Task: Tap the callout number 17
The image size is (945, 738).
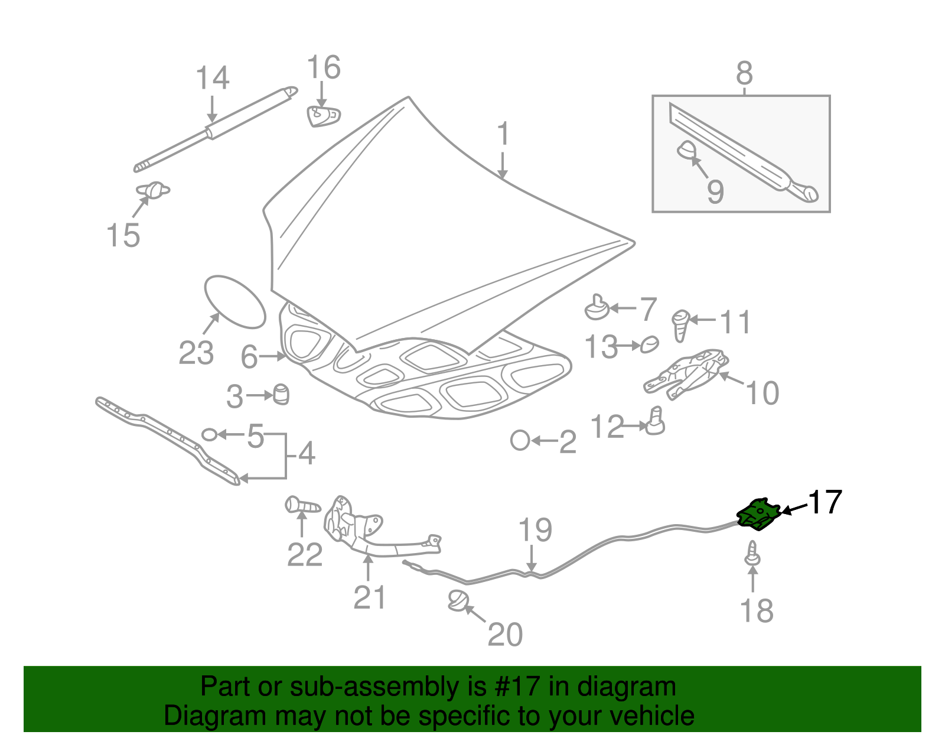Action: point(825,503)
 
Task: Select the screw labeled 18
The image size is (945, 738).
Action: point(752,554)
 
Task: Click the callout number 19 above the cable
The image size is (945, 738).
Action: point(535,530)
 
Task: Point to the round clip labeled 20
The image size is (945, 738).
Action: point(458,601)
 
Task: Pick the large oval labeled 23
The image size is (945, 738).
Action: point(235,301)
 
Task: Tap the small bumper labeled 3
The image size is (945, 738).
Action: point(282,394)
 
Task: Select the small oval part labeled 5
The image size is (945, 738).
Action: point(209,435)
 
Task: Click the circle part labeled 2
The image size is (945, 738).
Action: point(520,441)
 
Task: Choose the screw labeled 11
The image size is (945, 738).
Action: point(681,324)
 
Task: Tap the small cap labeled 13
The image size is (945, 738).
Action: point(650,344)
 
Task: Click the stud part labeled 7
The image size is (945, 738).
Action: point(597,308)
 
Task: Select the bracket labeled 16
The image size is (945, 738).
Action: point(323,116)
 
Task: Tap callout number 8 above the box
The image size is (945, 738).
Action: point(744,74)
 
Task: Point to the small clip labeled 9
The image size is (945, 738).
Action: point(686,150)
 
